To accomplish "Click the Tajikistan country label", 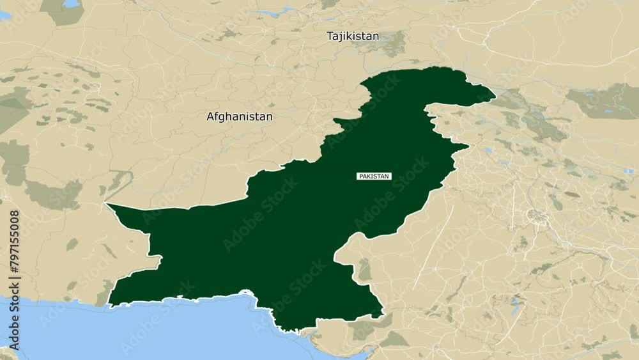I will pyautogui.click(x=353, y=36).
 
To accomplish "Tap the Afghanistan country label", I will pyautogui.click(x=240, y=117).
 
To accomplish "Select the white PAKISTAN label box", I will pyautogui.click(x=374, y=176).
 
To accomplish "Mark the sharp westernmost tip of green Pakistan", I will pyautogui.click(x=107, y=205).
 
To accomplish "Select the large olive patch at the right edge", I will pyautogui.click(x=604, y=100).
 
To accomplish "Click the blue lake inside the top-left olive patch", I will pyautogui.click(x=71, y=4).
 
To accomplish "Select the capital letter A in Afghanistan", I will pyautogui.click(x=210, y=117).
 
